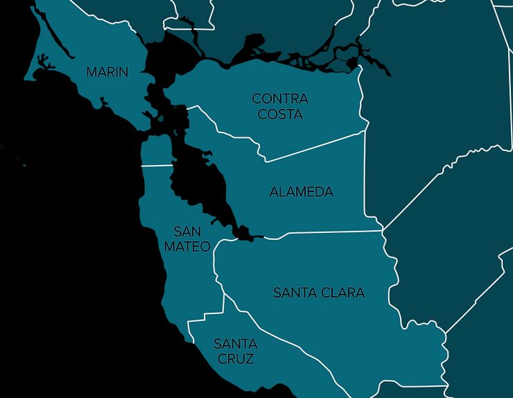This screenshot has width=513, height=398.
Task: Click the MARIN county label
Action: [107, 71]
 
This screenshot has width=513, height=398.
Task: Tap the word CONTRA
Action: [280, 99]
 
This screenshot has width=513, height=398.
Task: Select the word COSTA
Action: [280, 114]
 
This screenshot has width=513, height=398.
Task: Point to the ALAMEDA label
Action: [301, 192]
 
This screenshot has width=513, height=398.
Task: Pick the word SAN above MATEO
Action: [187, 231]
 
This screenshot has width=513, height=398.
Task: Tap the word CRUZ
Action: [235, 359]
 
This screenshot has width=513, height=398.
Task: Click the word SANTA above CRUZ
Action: [235, 344]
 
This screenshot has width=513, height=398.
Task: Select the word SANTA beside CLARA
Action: [296, 293]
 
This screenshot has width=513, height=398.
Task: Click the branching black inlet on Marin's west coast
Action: [46, 66]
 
